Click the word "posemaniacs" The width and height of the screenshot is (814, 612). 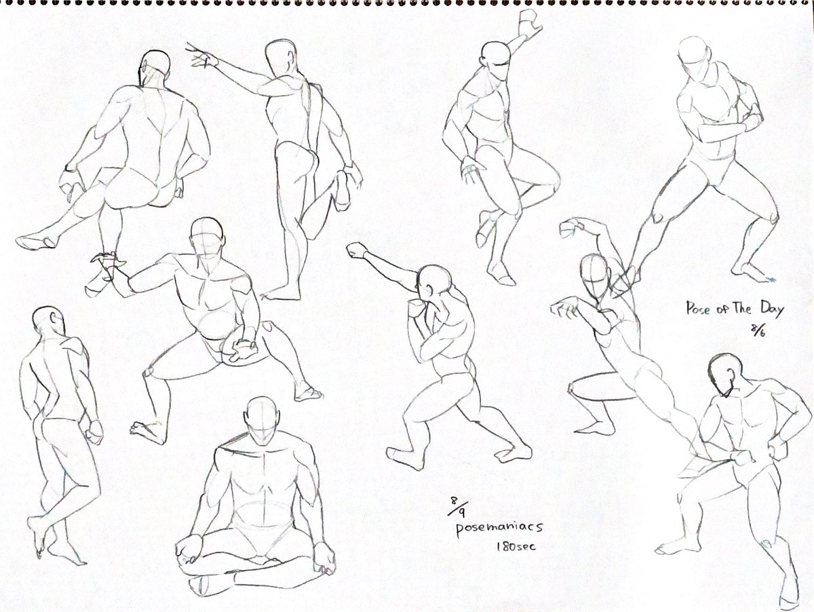(499, 528)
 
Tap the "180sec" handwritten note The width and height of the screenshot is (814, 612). (516, 546)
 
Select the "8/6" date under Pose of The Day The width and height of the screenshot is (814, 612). (759, 330)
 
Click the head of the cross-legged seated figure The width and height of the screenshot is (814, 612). (263, 416)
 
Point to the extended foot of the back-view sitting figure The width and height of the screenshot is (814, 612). (37, 241)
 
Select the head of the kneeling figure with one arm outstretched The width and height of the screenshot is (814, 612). (208, 238)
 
